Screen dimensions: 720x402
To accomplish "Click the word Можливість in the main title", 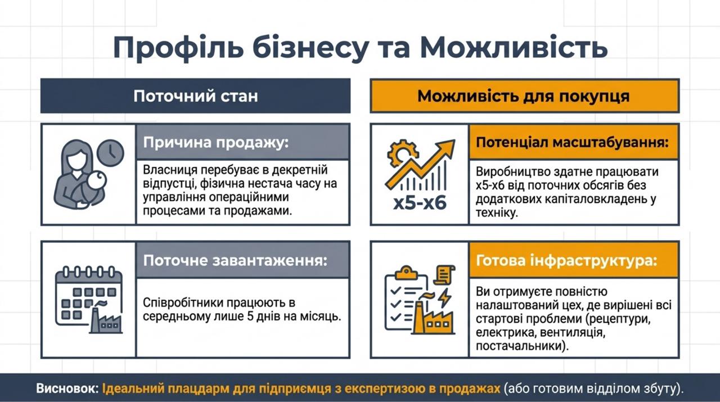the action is pos(514,48).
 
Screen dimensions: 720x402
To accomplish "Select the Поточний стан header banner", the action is pos(195,96).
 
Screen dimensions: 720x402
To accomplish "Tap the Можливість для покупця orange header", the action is pos(525,96).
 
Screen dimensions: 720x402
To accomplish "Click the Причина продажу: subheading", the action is pos(215,142).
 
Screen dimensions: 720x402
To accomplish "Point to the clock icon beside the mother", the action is pos(110,152).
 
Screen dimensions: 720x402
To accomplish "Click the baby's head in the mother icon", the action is pos(97,180).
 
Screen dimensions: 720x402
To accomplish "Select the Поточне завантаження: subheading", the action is pos(235,260).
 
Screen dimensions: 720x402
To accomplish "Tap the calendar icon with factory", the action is pos(89,300).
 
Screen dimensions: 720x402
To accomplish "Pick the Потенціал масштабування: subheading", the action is pos(572,142).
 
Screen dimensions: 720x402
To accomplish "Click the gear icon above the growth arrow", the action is pos(402,154).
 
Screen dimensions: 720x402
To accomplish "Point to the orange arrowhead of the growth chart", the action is pos(447,148).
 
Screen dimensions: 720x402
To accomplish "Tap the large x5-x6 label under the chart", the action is pos(420,203).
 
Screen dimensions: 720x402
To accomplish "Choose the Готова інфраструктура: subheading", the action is pos(566,260).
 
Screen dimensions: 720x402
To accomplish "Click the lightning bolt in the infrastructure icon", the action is pos(445,297).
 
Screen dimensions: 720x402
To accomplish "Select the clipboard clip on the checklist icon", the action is pos(406,272).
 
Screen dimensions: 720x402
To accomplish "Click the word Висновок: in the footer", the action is pos(67,389).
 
